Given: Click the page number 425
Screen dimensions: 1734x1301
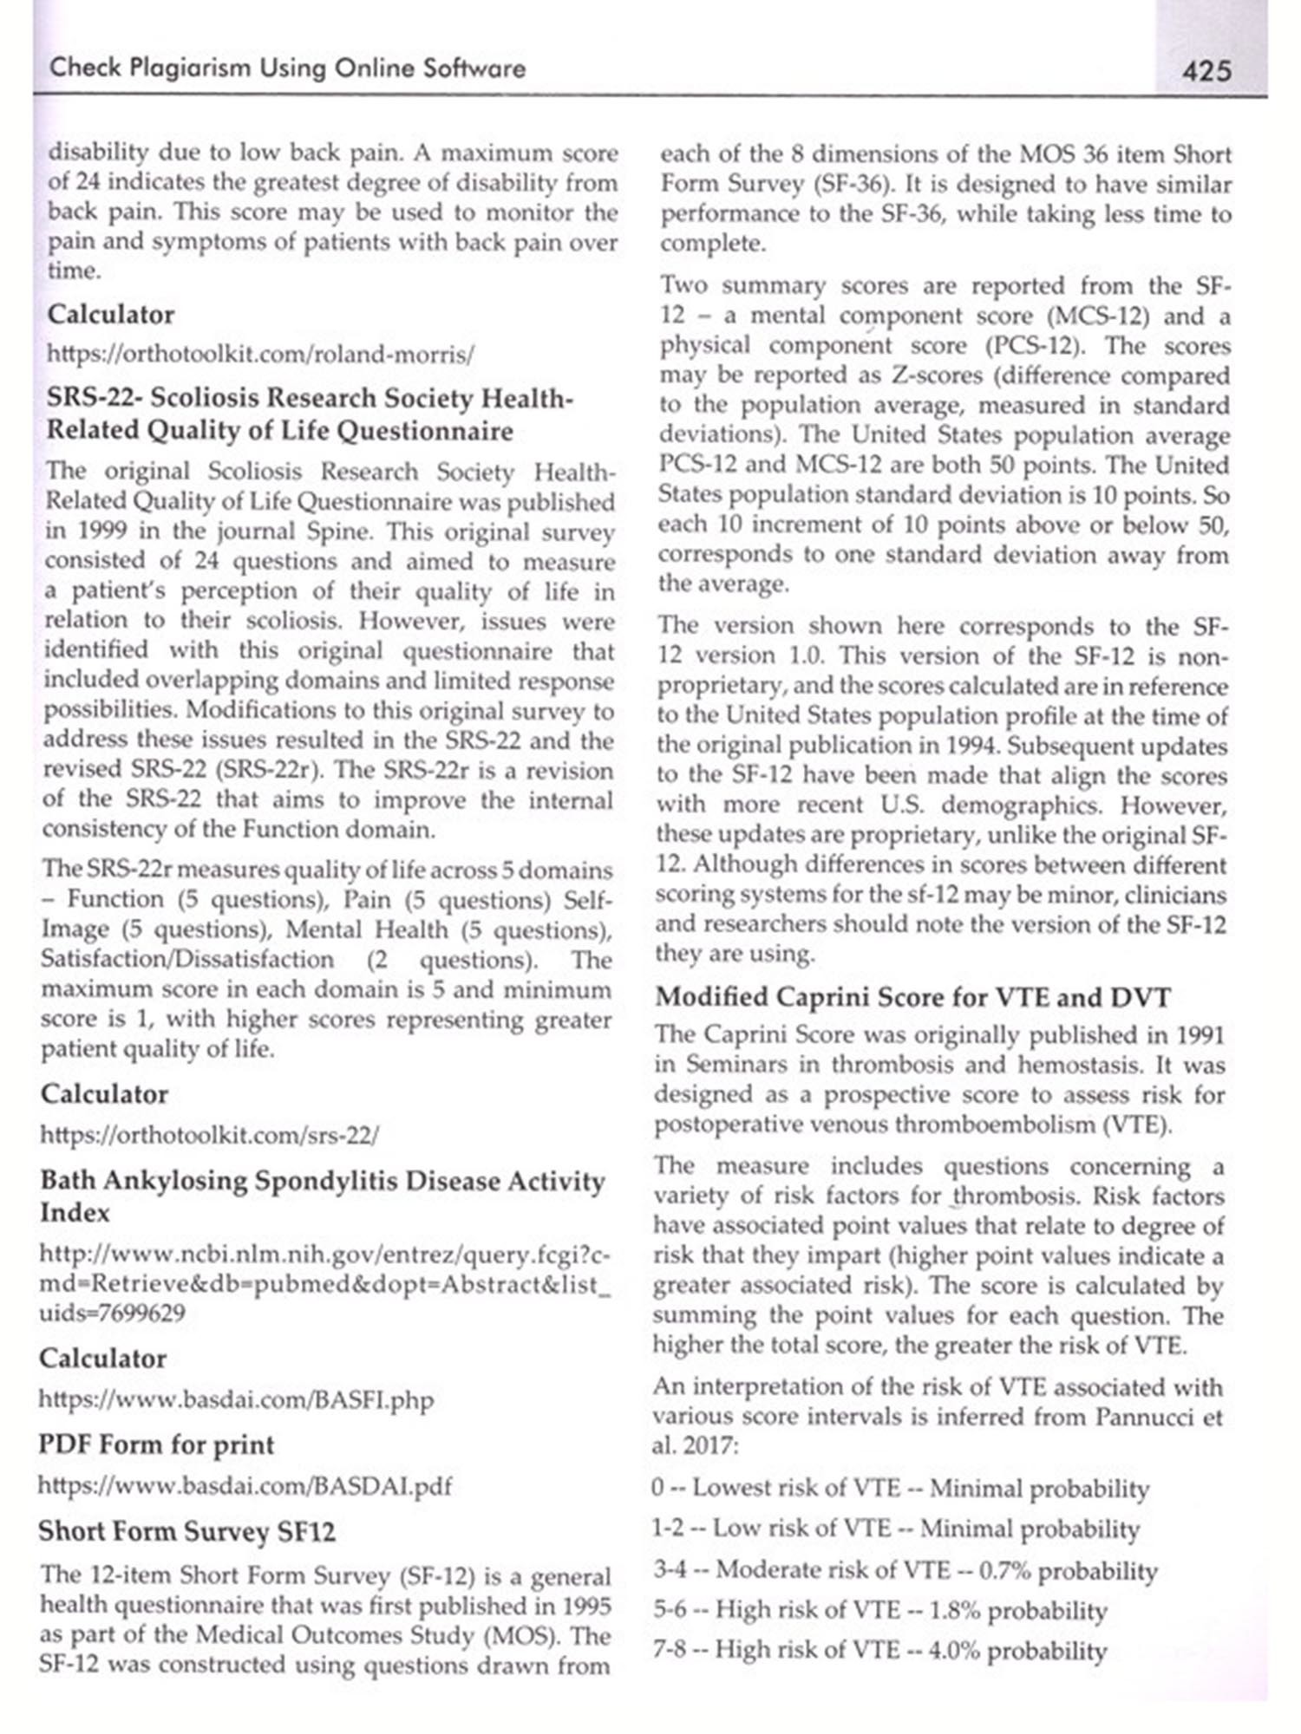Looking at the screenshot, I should (x=1206, y=69).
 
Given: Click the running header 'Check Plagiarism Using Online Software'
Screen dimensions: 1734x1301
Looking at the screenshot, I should (x=287, y=68).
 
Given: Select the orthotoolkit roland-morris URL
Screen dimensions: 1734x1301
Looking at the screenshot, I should (x=260, y=355).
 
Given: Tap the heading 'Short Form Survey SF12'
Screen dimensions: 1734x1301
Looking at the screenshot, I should (x=186, y=1532).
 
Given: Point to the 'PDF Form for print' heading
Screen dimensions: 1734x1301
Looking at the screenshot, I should (x=156, y=1444).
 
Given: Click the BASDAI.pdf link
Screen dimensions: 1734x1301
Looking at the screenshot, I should (x=245, y=1486).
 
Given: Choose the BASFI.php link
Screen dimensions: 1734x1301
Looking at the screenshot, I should (x=236, y=1399).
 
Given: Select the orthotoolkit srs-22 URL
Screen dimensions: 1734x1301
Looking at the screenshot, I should (x=209, y=1135).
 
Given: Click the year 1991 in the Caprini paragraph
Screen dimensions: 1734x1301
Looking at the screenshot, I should (x=1200, y=1035).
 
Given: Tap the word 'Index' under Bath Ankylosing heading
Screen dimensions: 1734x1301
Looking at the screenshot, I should (x=75, y=1212).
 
